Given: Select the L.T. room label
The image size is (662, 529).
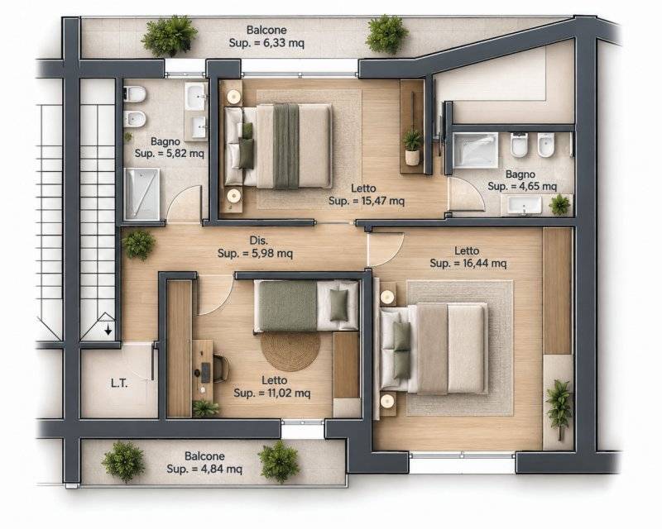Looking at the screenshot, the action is pos(119,384).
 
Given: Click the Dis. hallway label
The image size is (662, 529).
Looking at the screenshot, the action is pos(258,241).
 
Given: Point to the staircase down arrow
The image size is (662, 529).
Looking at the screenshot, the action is pos(108,329).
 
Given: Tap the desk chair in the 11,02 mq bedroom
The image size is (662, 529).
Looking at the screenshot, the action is pos(221,368).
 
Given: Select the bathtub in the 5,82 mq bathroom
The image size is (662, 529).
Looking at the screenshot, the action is pos(142,194).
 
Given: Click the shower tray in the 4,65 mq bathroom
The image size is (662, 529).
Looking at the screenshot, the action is pos(475,150).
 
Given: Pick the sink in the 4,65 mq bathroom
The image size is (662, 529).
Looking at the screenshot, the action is pos(525,206).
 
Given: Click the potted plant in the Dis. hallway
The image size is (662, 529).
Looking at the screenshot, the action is pos(138,245).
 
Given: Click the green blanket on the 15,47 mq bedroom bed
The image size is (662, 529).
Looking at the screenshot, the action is pos(285,145).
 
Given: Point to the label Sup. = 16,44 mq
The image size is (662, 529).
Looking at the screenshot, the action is pos(468,263).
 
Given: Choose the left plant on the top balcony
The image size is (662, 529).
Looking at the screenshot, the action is pos(169,36).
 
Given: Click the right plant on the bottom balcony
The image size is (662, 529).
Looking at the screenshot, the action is pos(279,461).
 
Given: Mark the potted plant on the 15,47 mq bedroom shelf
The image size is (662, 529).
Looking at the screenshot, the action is pos(411,147).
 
